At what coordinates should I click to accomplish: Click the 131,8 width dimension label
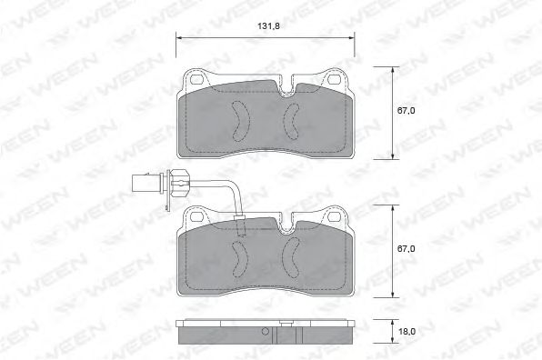[268, 26]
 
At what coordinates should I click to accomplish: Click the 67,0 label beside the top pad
[406, 111]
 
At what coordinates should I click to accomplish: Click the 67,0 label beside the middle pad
[406, 249]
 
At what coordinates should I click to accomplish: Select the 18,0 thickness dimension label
[406, 332]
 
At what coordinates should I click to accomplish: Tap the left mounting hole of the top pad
[196, 79]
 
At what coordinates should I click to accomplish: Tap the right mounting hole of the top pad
[334, 79]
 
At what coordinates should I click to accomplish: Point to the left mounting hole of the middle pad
[196, 216]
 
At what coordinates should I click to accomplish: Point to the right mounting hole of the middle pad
[334, 216]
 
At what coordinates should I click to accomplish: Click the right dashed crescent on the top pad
[291, 120]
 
